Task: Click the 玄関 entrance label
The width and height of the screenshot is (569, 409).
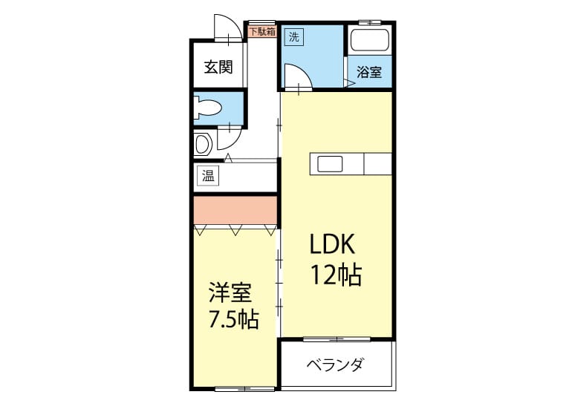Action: [x=218, y=67]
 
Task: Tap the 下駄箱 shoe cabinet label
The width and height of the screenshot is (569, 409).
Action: [x=262, y=31]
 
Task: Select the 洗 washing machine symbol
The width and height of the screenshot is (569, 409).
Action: [x=294, y=36]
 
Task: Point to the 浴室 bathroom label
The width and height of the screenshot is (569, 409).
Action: [x=368, y=72]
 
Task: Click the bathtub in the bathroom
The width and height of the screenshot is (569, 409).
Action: [x=370, y=40]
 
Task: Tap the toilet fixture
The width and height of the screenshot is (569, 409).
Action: [x=207, y=108]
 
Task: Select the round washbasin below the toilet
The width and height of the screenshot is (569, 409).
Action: [x=203, y=144]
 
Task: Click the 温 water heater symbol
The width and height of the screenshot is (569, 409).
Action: [x=208, y=176]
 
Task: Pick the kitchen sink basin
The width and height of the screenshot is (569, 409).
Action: [x=330, y=164]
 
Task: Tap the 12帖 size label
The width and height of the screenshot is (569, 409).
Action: [x=336, y=275]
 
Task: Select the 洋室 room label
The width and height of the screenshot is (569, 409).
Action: [x=230, y=292]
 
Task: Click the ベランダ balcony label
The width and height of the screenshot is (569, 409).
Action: [x=334, y=364]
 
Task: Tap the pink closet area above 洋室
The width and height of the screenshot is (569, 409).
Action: [x=235, y=211]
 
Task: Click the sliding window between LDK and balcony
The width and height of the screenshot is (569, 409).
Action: [x=336, y=339]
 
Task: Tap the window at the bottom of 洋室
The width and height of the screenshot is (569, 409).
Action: [x=244, y=389]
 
